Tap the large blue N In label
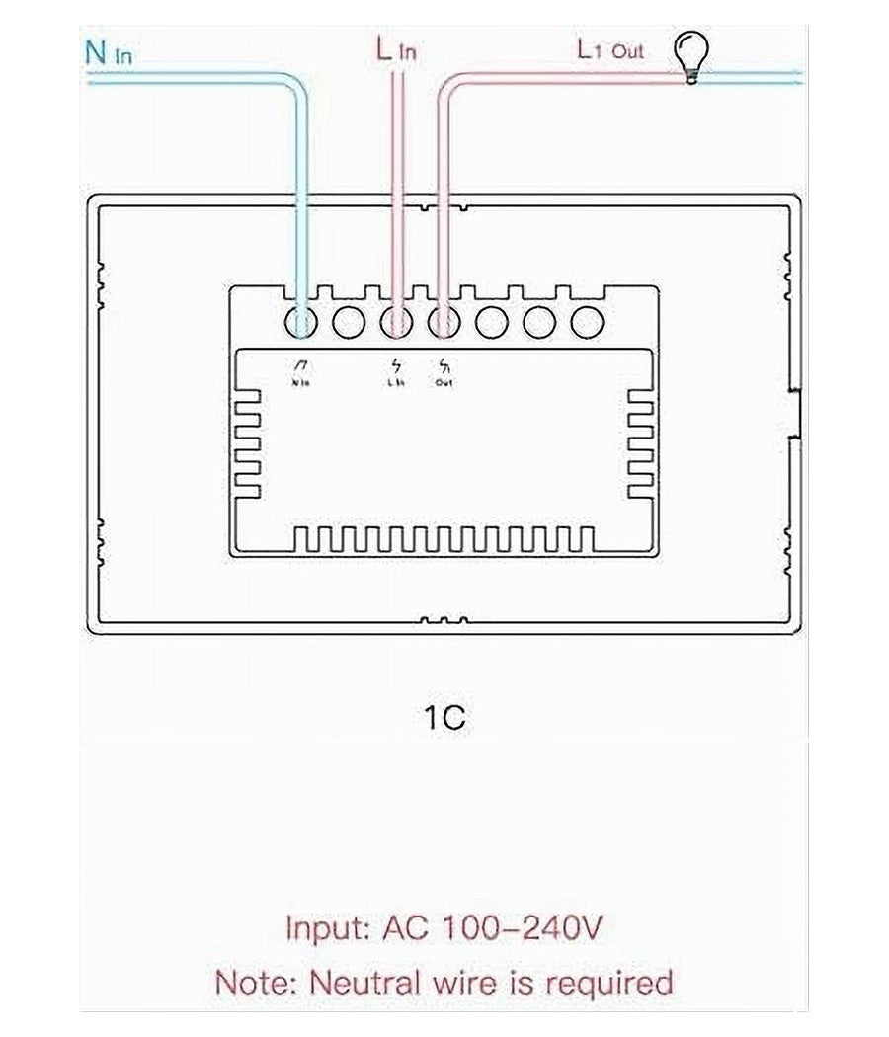coord(108,52)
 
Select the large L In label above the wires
coord(395,50)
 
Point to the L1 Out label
coord(610,49)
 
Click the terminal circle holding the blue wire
coord(300,322)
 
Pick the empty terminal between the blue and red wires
coord(349,322)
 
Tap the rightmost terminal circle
coord(588,322)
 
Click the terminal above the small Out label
coord(444,322)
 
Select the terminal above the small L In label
coord(396,322)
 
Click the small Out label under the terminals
coord(444,382)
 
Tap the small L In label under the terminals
coord(395,382)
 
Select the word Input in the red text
coord(325,929)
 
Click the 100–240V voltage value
coord(521,929)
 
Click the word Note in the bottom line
coord(256,983)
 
